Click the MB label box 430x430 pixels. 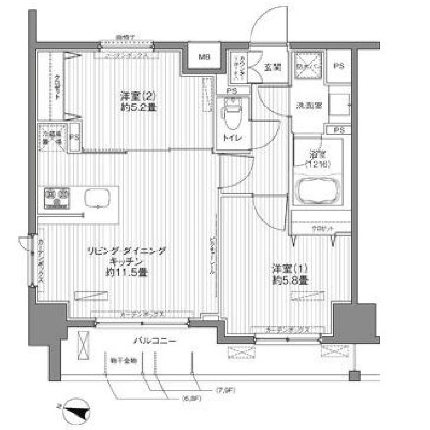pyautogui.click(x=205, y=56)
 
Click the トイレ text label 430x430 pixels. pyautogui.click(x=234, y=140)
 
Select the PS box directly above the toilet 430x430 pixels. pyautogui.click(x=231, y=94)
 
